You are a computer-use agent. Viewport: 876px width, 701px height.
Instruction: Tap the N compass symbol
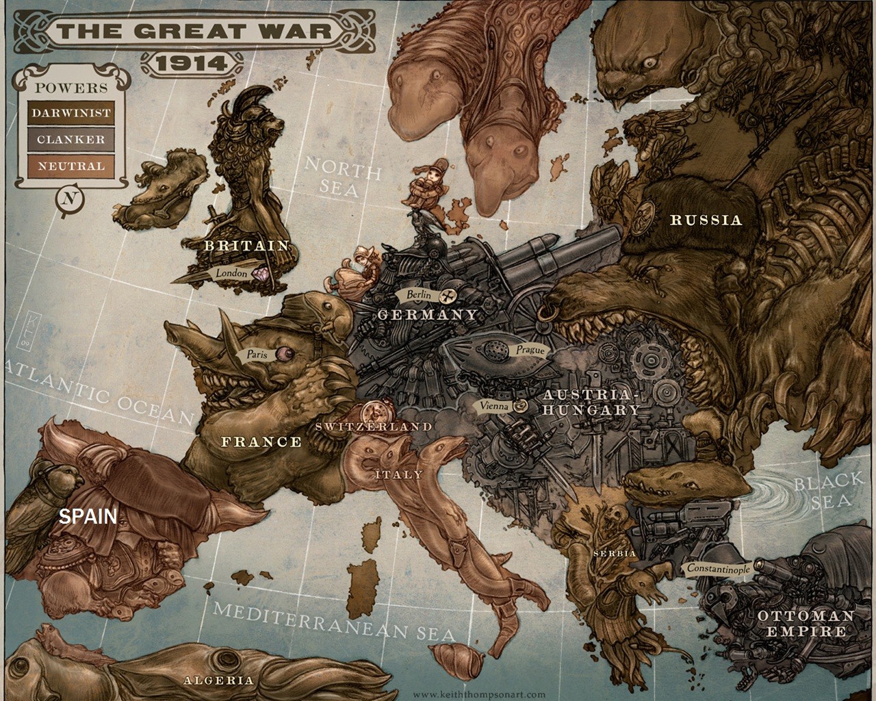point(68,200)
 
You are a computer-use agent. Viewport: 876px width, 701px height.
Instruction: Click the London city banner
point(231,273)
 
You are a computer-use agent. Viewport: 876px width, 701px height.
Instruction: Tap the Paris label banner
point(257,355)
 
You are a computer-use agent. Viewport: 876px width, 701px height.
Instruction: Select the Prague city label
point(530,350)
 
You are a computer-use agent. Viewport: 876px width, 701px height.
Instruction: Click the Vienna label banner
point(494,405)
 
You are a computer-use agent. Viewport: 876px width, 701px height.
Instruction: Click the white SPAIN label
point(88,516)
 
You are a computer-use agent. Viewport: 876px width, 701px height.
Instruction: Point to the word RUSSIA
point(706,220)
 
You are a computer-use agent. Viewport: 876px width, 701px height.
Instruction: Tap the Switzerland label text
point(374,426)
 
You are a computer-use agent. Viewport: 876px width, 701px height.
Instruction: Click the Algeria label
point(218,680)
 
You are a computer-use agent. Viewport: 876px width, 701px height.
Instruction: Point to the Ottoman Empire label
point(806,624)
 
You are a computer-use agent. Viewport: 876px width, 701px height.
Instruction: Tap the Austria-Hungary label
point(592,403)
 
